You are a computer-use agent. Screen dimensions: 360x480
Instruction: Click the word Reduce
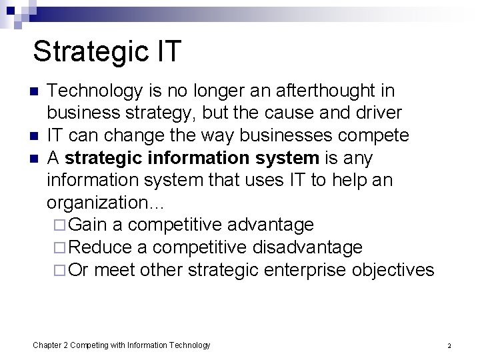pyautogui.click(x=100, y=248)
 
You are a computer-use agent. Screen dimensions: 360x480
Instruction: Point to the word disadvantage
pyautogui.click(x=307, y=248)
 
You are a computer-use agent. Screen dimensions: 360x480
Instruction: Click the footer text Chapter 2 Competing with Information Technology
pyautogui.click(x=122, y=345)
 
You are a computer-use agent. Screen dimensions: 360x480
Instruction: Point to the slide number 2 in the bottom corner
pyautogui.click(x=449, y=345)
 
